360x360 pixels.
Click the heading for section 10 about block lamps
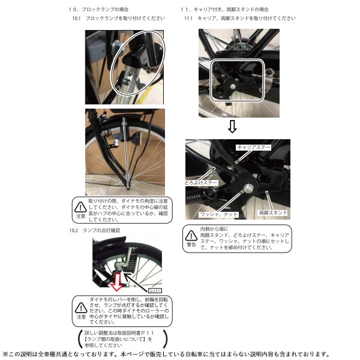pos(100,10)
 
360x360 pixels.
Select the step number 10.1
pos(76,19)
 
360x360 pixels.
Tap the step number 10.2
pos(74,230)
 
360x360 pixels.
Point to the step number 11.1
pos(188,19)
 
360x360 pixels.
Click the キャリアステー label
pos(254,146)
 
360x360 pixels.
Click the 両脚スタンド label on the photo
pos(273,213)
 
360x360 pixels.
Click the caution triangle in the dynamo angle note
pos(80,207)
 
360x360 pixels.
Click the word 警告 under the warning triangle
pos(191,245)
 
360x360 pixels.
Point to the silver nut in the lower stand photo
pos(245,190)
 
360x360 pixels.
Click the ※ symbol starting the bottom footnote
pos(5,353)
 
